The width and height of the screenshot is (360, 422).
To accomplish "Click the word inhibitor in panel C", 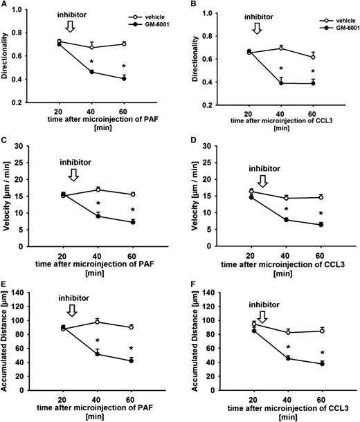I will click(x=69, y=160).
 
